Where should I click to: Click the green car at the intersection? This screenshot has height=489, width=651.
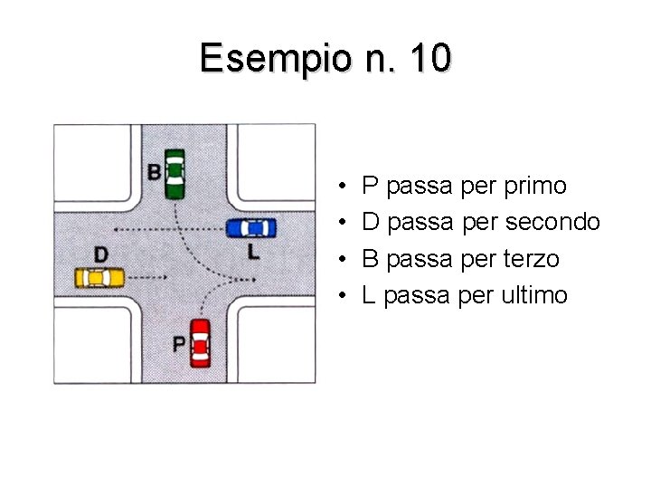pyautogui.click(x=175, y=172)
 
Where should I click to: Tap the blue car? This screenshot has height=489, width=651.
pyautogui.click(x=251, y=227)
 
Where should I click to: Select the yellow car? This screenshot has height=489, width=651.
pyautogui.click(x=99, y=276)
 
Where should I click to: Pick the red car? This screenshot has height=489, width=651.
pyautogui.click(x=200, y=342)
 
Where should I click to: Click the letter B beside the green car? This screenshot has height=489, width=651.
pyautogui.click(x=155, y=171)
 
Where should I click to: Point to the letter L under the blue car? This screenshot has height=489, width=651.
pyautogui.click(x=253, y=251)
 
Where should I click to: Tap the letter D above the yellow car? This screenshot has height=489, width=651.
pyautogui.click(x=100, y=253)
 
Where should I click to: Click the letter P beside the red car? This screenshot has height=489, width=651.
pyautogui.click(x=179, y=344)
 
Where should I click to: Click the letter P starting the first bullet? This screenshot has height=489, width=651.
pyautogui.click(x=370, y=187)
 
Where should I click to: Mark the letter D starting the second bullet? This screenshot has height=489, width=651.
pyautogui.click(x=371, y=222)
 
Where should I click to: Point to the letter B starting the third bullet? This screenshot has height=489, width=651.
pyautogui.click(x=370, y=259)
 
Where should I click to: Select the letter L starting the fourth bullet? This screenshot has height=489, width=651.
pyautogui.click(x=369, y=295)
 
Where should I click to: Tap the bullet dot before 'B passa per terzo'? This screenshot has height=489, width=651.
pyautogui.click(x=346, y=260)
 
